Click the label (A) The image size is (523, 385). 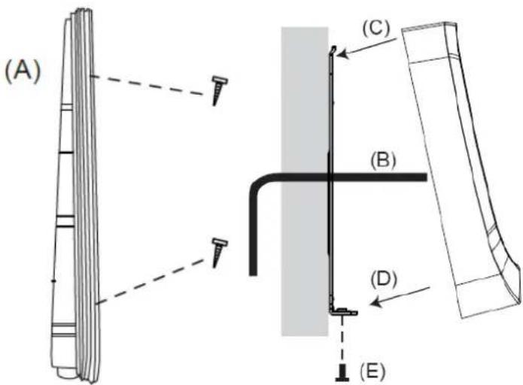[x=23, y=72]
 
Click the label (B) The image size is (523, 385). [x=383, y=160]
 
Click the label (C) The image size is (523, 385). [x=376, y=29]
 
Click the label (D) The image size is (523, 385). [x=384, y=279]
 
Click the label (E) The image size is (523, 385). [x=372, y=370]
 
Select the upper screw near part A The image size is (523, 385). [x=218, y=90]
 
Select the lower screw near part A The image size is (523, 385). [x=219, y=253]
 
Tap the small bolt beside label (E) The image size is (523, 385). [x=342, y=373]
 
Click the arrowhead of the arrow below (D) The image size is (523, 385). [x=376, y=302]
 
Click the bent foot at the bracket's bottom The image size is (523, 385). [x=344, y=312]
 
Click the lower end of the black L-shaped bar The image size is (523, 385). [x=253, y=274]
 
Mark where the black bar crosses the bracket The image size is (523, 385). [x=330, y=177]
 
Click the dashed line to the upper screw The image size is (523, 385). [x=148, y=86]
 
